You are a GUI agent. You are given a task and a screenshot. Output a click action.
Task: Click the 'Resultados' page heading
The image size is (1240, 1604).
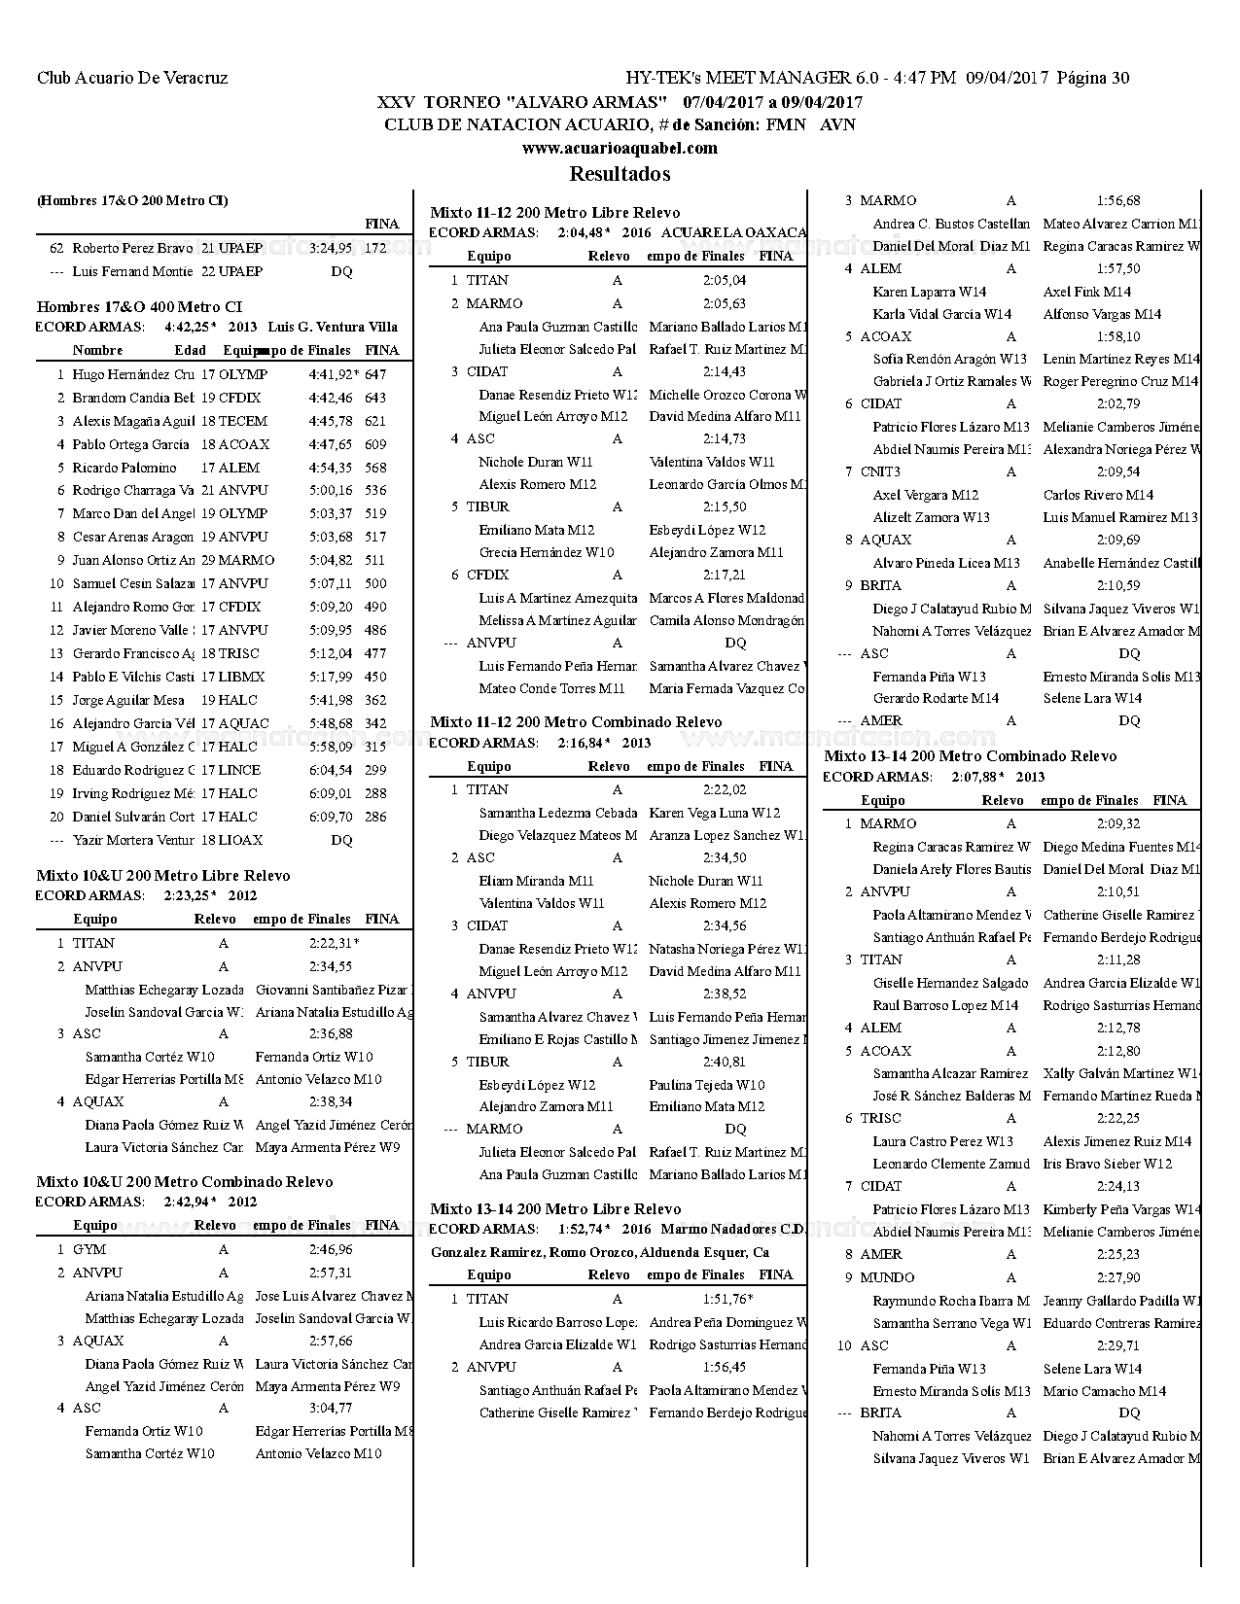(x=620, y=174)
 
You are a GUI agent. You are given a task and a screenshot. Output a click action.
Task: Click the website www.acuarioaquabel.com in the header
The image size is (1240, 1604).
(x=620, y=148)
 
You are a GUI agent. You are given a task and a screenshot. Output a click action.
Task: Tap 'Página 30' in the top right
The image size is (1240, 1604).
(x=1093, y=78)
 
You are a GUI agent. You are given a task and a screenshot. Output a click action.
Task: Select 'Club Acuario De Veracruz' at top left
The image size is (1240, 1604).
(x=132, y=78)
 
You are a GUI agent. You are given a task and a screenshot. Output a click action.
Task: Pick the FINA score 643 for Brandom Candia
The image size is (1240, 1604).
(x=375, y=398)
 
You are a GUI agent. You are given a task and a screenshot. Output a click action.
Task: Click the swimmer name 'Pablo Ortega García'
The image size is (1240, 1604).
(x=130, y=444)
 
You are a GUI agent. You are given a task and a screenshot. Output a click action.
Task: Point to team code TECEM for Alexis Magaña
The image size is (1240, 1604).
(x=242, y=421)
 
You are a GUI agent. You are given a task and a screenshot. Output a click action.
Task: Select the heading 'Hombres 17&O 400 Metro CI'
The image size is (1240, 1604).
(x=139, y=307)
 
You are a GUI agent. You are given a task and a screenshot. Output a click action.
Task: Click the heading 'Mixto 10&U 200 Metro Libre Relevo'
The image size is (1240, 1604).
(x=162, y=876)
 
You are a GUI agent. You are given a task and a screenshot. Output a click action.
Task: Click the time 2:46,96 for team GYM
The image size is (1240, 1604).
(x=331, y=1249)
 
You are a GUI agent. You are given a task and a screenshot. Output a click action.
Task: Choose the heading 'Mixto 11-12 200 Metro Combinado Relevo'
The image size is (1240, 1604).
(x=576, y=722)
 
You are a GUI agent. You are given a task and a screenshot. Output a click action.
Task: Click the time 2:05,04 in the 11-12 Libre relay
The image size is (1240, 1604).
(x=725, y=280)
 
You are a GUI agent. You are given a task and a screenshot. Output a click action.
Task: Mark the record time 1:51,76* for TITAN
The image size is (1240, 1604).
(x=727, y=1299)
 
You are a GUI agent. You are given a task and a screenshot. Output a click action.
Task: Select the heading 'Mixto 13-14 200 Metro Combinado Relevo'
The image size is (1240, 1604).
(x=970, y=756)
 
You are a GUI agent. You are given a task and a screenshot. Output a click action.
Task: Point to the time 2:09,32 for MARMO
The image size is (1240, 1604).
(x=1118, y=823)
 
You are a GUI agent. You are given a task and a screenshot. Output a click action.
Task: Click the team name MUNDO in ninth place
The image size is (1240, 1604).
(x=887, y=1277)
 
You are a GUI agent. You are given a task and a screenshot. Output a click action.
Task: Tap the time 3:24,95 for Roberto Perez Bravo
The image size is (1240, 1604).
(x=331, y=248)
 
